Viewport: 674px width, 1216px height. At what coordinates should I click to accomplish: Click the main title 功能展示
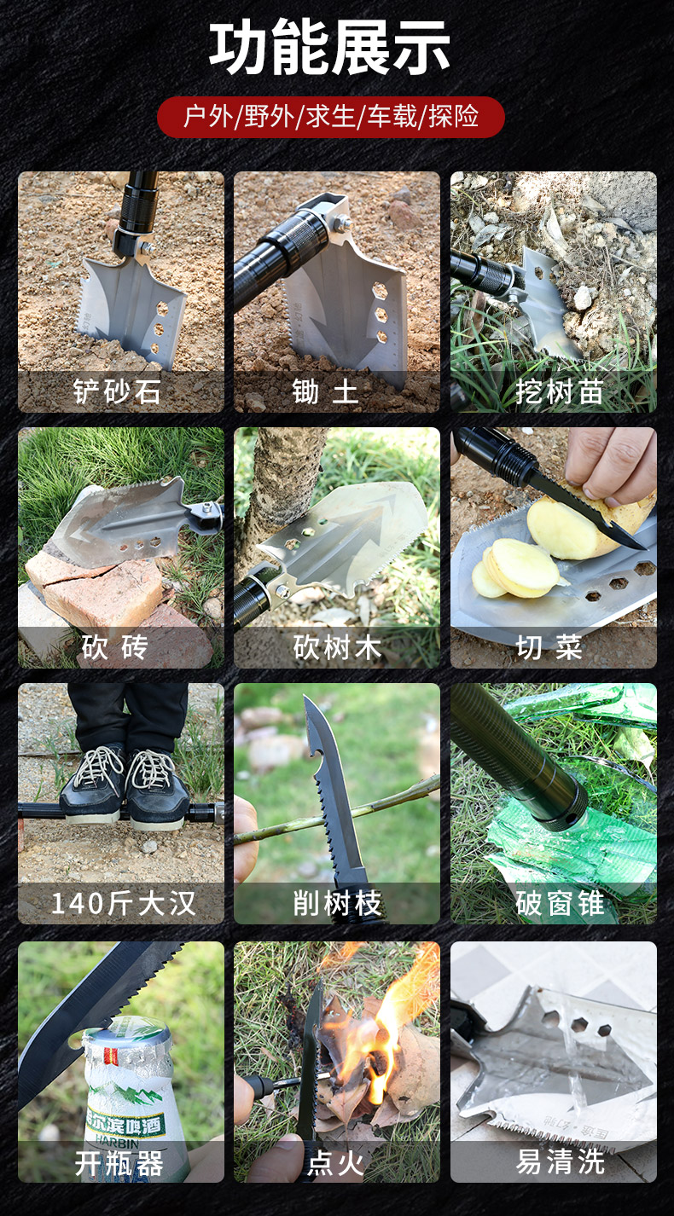tap(330, 49)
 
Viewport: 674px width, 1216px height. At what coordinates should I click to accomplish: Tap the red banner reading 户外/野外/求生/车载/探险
tap(331, 117)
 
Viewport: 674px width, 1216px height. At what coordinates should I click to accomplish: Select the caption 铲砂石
tap(117, 392)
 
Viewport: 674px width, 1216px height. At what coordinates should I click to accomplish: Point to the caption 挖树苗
tap(559, 392)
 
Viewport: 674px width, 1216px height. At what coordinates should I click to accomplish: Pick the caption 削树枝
tap(337, 903)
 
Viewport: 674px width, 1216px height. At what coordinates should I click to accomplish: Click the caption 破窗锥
tap(559, 903)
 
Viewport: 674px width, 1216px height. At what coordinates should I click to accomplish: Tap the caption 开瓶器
tap(119, 1162)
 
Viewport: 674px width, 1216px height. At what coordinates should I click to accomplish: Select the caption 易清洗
tap(559, 1162)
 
